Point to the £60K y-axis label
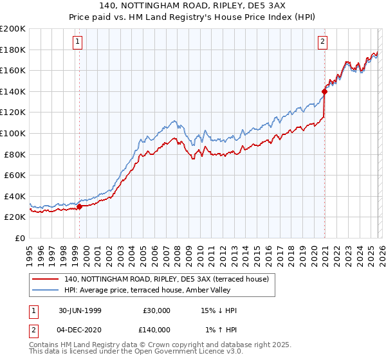pos(15,175)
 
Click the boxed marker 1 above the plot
pos(77,42)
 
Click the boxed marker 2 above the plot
pos(322,42)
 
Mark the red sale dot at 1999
pos(80,206)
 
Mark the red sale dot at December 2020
pos(324,91)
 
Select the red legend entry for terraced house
pos(170,278)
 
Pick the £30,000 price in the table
pos(157,310)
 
